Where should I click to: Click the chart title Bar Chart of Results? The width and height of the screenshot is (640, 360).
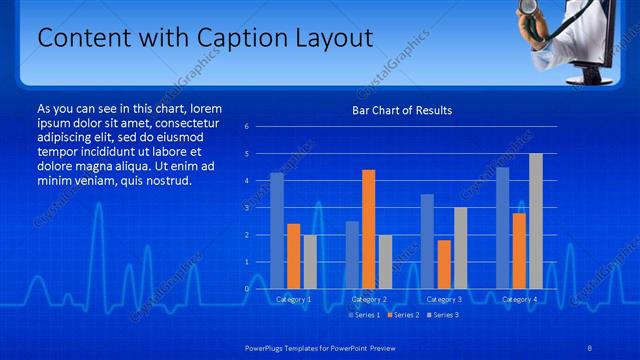(x=402, y=110)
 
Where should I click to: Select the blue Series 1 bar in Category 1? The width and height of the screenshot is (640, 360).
(x=277, y=231)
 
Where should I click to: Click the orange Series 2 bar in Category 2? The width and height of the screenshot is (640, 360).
(x=368, y=229)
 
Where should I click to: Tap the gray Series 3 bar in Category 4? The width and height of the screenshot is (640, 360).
(x=536, y=221)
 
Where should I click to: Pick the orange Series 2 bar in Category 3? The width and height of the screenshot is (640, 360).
(x=444, y=264)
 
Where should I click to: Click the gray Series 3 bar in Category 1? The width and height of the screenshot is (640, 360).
(x=310, y=261)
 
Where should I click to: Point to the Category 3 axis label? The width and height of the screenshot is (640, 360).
(x=443, y=299)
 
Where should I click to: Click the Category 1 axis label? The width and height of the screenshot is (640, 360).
(x=293, y=299)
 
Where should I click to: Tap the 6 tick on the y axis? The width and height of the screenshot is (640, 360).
(x=247, y=127)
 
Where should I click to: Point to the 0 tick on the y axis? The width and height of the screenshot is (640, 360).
(x=247, y=288)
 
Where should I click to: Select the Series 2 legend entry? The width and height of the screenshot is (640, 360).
(x=402, y=315)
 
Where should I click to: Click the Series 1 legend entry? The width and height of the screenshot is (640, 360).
(x=363, y=315)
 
